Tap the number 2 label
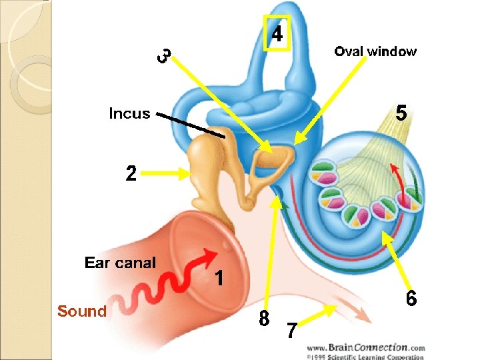[131, 173]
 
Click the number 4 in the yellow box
[276, 33]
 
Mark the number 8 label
[265, 319]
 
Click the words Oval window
[375, 51]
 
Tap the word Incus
[129, 113]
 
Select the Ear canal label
[120, 263]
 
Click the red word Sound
[82, 311]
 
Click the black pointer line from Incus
[191, 125]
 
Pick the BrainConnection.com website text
[365, 347]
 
